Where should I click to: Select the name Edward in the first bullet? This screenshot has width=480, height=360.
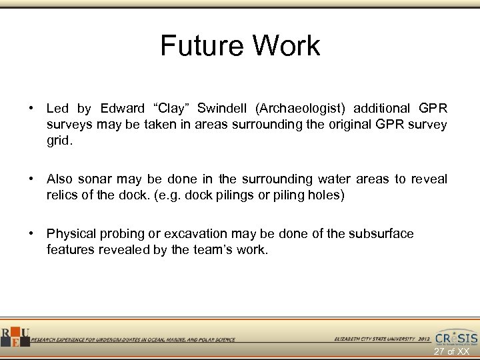tap(122, 109)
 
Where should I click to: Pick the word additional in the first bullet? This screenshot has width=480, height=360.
tap(381, 109)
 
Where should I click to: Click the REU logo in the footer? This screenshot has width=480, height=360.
tap(14, 337)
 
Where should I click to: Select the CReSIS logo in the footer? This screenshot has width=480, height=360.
tap(456, 337)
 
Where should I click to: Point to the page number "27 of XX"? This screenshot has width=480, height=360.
tap(451, 351)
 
